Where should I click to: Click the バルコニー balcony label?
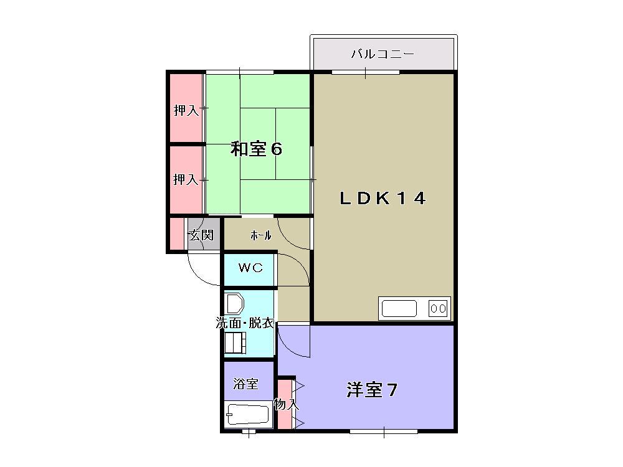click(x=383, y=54)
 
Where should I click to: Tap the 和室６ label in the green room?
click(x=257, y=149)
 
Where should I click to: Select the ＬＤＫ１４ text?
click(x=383, y=199)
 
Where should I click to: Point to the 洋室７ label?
click(x=372, y=390)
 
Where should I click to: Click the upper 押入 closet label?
click(x=186, y=111)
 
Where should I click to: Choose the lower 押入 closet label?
click(x=186, y=180)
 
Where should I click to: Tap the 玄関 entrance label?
click(x=201, y=235)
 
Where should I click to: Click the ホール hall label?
click(x=260, y=235)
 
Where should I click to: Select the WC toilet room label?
click(x=250, y=268)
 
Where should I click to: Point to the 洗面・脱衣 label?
click(x=245, y=323)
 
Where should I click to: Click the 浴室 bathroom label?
click(x=245, y=384)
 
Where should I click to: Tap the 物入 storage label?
click(x=286, y=404)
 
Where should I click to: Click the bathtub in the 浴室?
click(x=247, y=414)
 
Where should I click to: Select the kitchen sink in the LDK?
click(x=399, y=308)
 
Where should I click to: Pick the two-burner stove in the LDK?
click(x=438, y=308)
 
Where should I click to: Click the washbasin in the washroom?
click(x=234, y=304)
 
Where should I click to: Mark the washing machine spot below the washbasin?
click(x=235, y=342)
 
